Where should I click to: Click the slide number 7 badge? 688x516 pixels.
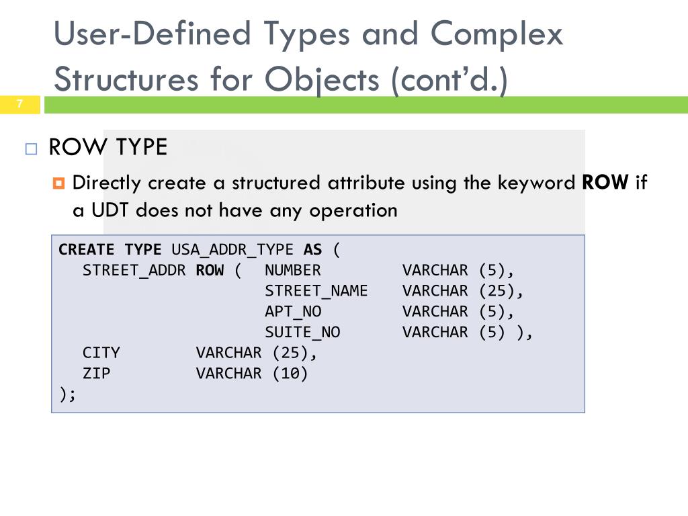pyautogui.click(x=20, y=104)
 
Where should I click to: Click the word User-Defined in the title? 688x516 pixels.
pyautogui.click(x=152, y=34)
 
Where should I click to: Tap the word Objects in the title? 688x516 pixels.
pyautogui.click(x=322, y=79)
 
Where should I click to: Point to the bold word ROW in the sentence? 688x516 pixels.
pyautogui.click(x=605, y=183)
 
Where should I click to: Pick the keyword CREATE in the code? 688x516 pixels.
pyautogui.click(x=87, y=250)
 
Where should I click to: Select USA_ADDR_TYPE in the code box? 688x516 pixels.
pyautogui.click(x=232, y=250)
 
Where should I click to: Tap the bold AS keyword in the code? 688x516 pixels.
pyautogui.click(x=313, y=250)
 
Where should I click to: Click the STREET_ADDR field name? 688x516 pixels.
pyautogui.click(x=134, y=271)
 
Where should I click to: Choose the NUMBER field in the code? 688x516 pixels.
pyautogui.click(x=293, y=271)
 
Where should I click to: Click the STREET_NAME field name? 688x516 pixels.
pyautogui.click(x=316, y=291)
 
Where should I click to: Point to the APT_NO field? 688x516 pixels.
pyautogui.click(x=293, y=312)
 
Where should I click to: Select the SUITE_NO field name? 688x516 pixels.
pyautogui.click(x=302, y=333)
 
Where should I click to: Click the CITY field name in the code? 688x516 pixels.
pyautogui.click(x=101, y=353)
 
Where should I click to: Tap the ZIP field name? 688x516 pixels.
pyautogui.click(x=96, y=374)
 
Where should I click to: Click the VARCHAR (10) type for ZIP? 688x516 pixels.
pyautogui.click(x=252, y=374)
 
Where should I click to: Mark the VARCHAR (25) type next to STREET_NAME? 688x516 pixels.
pyautogui.click(x=462, y=291)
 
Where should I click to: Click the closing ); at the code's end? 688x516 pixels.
pyautogui.click(x=68, y=394)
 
